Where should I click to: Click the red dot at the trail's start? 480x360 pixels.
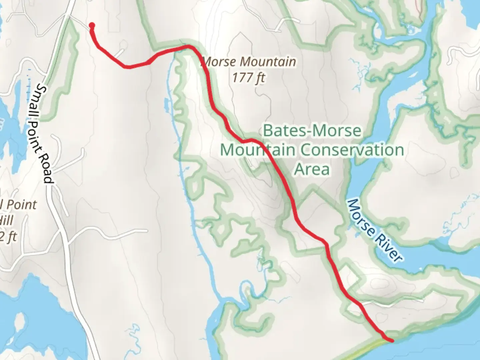(x=92, y=25)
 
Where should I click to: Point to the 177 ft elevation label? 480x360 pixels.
(x=248, y=78)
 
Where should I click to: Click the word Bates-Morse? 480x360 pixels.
(x=312, y=130)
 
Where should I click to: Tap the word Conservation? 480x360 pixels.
(x=352, y=150)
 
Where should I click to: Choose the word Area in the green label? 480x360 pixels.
(x=312, y=169)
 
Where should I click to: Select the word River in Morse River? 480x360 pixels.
(x=389, y=248)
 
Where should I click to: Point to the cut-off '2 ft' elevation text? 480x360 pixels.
(x=8, y=237)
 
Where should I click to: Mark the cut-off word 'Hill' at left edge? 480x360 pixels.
(x=7, y=220)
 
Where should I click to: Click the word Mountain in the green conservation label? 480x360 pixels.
(x=257, y=150)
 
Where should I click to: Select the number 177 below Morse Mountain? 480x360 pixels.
(x=242, y=78)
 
